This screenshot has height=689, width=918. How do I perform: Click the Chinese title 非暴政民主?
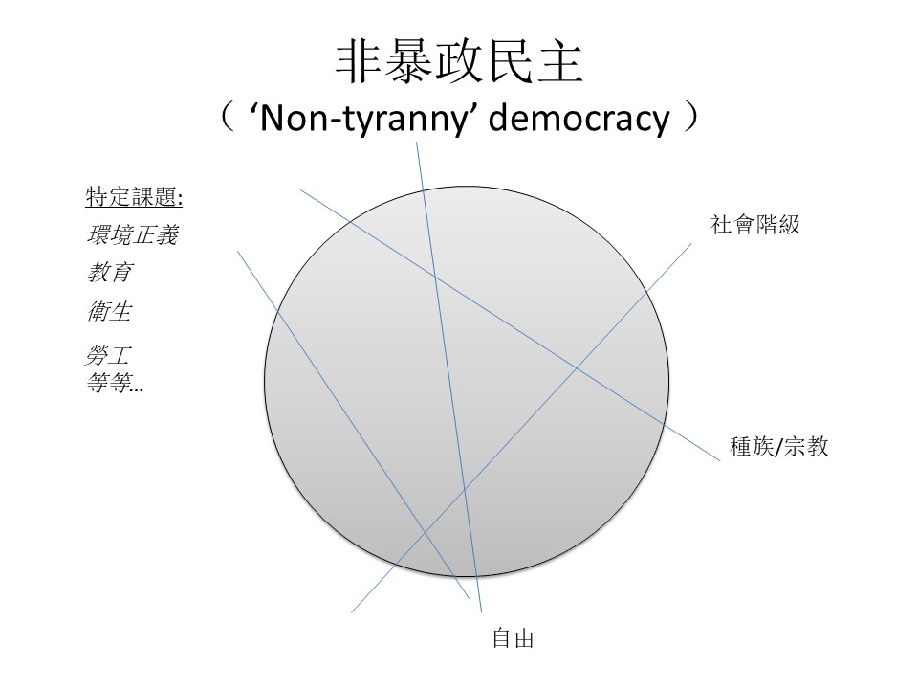[x=458, y=63]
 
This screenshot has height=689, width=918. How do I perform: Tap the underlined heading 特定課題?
[x=133, y=198]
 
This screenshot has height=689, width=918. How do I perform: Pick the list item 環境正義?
[x=131, y=235]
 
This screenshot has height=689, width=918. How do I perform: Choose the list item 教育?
[x=109, y=273]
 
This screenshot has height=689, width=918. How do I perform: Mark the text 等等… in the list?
[x=114, y=385]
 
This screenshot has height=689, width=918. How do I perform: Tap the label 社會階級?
[x=754, y=225]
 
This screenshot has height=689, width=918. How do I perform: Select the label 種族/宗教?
[x=778, y=447]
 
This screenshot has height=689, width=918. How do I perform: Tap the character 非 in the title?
[x=361, y=63]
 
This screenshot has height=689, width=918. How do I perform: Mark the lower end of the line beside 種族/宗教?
[x=718, y=460]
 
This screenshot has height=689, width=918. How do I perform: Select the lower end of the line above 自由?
[x=481, y=611]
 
